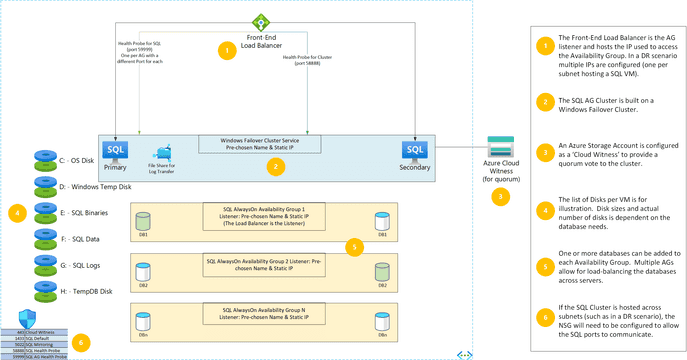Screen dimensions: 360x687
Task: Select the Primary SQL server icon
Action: click(116, 150)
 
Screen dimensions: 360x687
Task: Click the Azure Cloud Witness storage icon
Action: click(500, 146)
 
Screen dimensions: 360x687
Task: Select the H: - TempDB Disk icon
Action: click(46, 290)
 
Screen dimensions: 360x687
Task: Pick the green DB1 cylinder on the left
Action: click(143, 217)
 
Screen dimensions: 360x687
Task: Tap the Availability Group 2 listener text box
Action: click(264, 263)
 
